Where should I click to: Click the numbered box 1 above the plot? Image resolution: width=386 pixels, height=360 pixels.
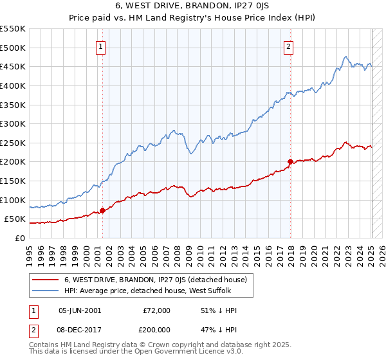[102, 46]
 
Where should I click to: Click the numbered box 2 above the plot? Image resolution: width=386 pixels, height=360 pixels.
[289, 46]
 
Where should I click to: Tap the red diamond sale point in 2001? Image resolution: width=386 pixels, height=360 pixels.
[102, 211]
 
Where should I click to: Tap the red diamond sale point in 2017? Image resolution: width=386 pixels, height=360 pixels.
[290, 161]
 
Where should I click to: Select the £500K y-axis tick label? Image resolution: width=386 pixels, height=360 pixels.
[13, 48]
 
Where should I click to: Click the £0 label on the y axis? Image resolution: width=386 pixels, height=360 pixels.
[20, 238]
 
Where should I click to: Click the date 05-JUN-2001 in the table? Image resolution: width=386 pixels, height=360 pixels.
[79, 310]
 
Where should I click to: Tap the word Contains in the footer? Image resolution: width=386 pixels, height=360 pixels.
[44, 345]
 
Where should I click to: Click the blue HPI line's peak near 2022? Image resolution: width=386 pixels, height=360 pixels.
[346, 57]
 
